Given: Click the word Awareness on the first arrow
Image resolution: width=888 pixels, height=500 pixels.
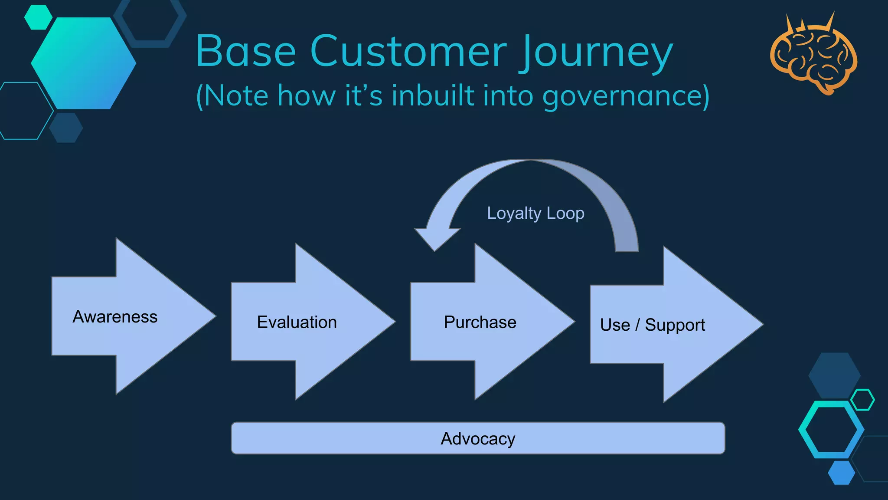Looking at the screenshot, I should click(115, 317).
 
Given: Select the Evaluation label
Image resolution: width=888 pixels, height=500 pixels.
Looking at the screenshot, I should click(297, 322).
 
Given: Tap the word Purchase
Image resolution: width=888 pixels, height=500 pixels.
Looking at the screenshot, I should click(480, 322).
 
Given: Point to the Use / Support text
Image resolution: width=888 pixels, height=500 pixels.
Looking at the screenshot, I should click(652, 325).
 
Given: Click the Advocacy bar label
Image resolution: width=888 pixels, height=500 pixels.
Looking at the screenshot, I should click(478, 439).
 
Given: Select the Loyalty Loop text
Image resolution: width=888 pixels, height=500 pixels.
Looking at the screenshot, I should click(535, 213).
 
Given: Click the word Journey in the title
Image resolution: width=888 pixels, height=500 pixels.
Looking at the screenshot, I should click(597, 52).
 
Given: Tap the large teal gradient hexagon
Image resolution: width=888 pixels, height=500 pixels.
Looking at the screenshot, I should click(83, 63).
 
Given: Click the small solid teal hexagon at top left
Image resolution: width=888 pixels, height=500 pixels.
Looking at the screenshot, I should click(38, 17).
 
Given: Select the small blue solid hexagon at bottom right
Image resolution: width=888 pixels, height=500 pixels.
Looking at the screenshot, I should click(841, 473).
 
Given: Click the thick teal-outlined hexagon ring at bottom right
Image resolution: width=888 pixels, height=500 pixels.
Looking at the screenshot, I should click(831, 430).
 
